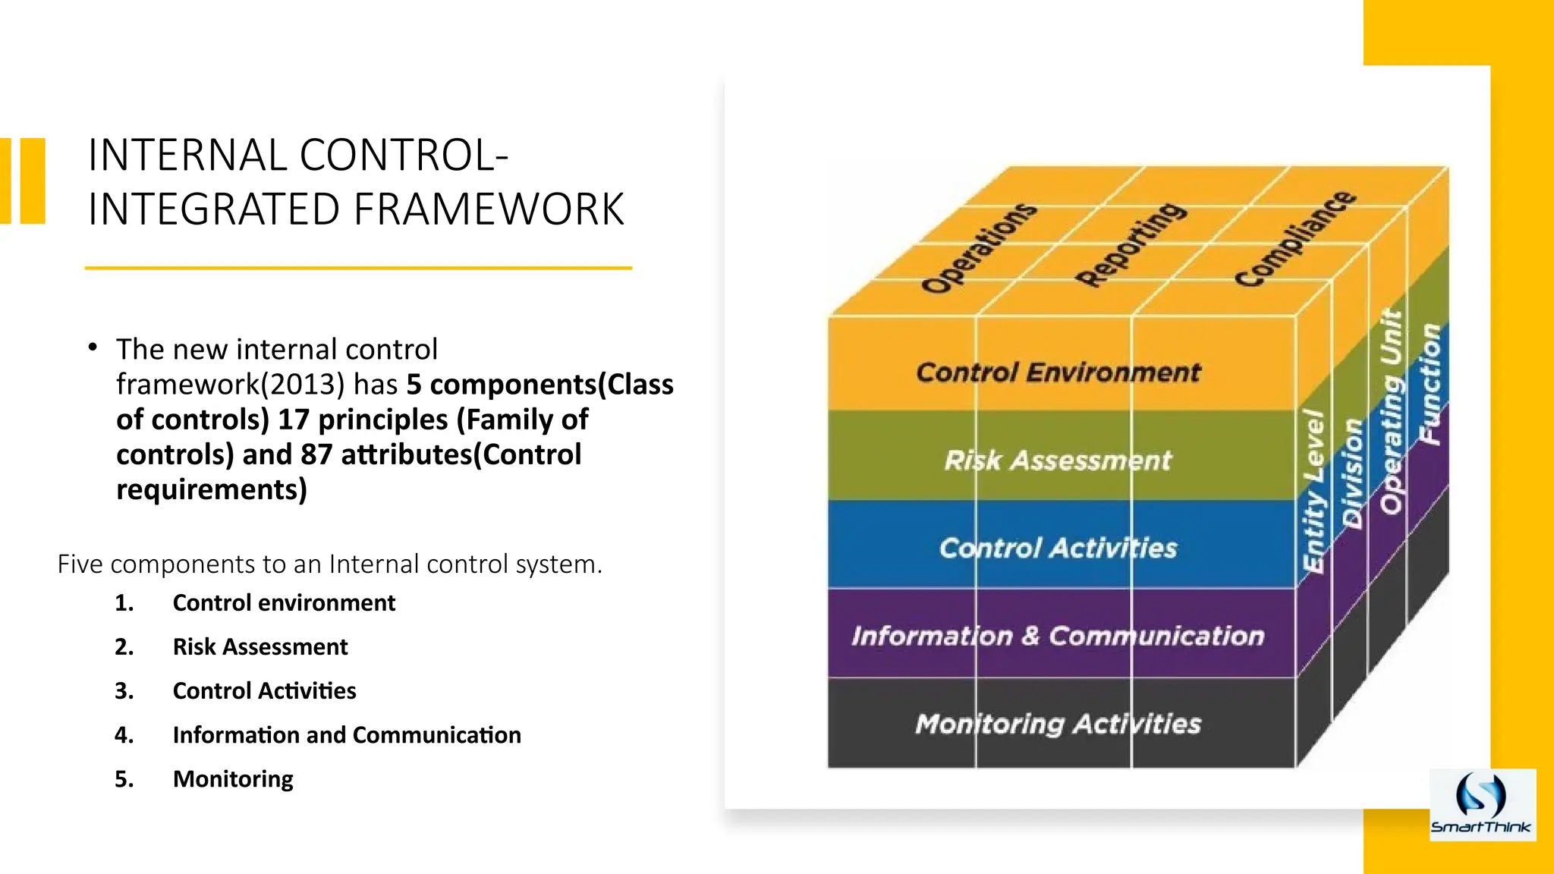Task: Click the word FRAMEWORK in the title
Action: click(x=489, y=210)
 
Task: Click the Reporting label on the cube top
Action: click(x=1131, y=244)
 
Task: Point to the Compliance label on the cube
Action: click(x=1294, y=239)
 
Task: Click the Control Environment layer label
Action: click(x=1059, y=373)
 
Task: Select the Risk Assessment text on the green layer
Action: click(x=1058, y=461)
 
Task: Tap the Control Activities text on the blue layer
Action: click(x=1058, y=548)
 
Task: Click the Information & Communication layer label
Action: click(x=1058, y=636)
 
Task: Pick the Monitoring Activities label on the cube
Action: click(x=1058, y=724)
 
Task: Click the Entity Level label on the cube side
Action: click(x=1314, y=491)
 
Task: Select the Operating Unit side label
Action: click(x=1392, y=411)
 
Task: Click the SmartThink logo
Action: click(x=1482, y=805)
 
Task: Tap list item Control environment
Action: click(x=284, y=603)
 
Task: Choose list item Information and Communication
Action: click(x=347, y=735)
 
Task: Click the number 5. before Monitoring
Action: click(x=124, y=779)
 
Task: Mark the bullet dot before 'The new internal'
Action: click(x=93, y=347)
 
